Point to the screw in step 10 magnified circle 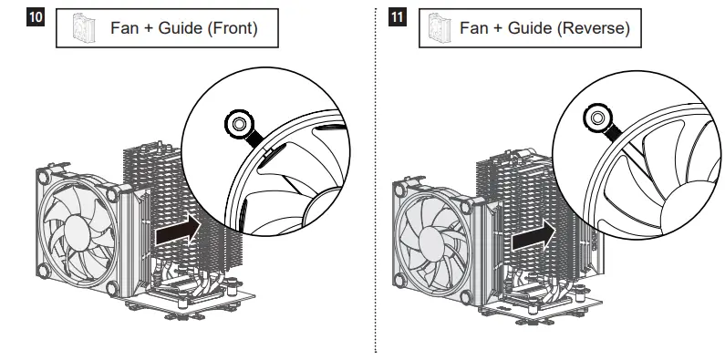(x=237, y=122)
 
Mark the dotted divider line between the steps (x=376, y=182)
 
